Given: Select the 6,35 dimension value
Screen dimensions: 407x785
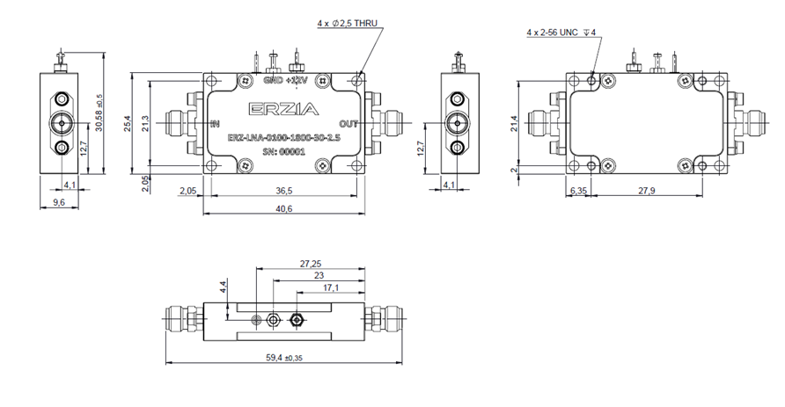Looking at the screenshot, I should (x=578, y=190).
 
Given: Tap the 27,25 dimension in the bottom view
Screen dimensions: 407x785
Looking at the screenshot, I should (x=311, y=263).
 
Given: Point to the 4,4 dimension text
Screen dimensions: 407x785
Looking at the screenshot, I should (x=224, y=287).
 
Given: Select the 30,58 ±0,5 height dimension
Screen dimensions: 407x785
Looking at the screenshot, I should (x=99, y=110).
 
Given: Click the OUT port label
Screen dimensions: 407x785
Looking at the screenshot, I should (x=349, y=123).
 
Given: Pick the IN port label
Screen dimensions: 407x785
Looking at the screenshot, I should (x=214, y=123).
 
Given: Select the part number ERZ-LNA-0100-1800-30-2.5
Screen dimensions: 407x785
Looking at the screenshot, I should (x=279, y=137).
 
